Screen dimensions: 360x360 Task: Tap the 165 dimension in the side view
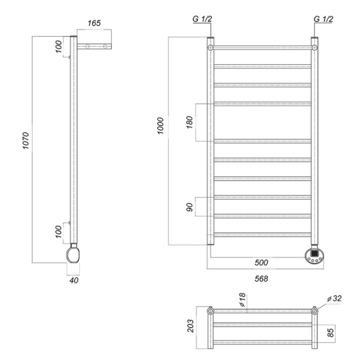pyautogui.click(x=94, y=23)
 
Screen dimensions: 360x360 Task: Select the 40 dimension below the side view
pyautogui.click(x=74, y=280)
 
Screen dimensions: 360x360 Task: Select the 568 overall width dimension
pyautogui.click(x=260, y=278)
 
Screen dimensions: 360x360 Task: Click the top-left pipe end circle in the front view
pyautogui.click(x=211, y=47)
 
